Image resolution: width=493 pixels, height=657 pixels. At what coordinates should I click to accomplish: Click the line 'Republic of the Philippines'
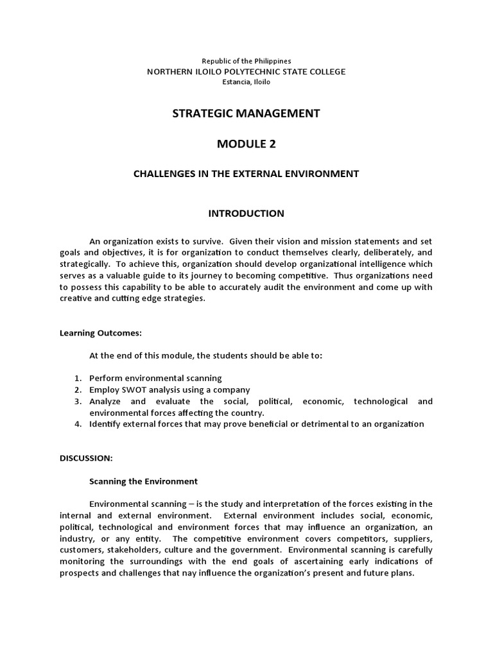(246, 61)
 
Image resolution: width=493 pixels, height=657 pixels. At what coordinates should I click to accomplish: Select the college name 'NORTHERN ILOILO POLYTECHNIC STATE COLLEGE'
(246, 71)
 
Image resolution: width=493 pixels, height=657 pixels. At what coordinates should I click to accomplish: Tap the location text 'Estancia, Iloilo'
(246, 82)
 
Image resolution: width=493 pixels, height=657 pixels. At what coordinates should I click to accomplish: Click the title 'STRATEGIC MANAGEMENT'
(246, 114)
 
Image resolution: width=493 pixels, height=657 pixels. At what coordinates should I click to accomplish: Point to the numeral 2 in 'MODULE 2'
(272, 144)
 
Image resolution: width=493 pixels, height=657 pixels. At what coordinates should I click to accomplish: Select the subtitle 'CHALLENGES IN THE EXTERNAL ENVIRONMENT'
(246, 174)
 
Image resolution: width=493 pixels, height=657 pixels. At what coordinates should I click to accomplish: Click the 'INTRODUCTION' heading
(246, 213)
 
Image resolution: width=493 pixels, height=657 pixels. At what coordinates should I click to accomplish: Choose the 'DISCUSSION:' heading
(86, 458)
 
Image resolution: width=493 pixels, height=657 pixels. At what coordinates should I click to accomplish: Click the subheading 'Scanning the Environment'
(143, 481)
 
